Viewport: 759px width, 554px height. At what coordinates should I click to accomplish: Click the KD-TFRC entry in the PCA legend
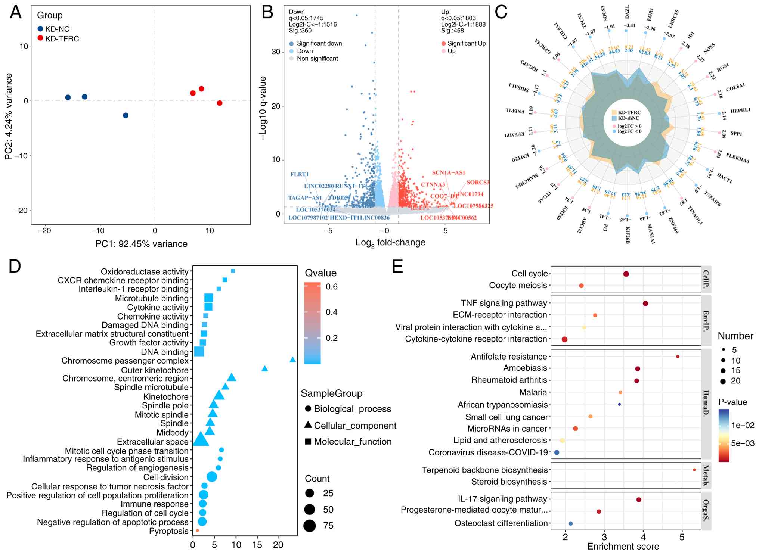pyautogui.click(x=62, y=39)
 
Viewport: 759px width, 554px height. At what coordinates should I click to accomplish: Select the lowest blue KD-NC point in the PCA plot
pyautogui.click(x=126, y=115)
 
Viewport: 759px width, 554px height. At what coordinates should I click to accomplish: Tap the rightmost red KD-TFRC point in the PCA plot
pyautogui.click(x=220, y=103)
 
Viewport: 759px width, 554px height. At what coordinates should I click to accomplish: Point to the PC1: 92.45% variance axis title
pyautogui.click(x=141, y=244)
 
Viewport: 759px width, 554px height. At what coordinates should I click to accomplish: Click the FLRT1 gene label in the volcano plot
pyautogui.click(x=299, y=174)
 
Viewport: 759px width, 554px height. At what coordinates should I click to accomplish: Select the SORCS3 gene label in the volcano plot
pyautogui.click(x=478, y=183)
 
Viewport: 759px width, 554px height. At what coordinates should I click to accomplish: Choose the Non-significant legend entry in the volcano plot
pyautogui.click(x=317, y=59)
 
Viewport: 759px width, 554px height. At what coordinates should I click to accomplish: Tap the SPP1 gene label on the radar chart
pyautogui.click(x=736, y=133)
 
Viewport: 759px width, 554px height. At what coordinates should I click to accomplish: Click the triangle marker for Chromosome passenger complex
pyautogui.click(x=292, y=360)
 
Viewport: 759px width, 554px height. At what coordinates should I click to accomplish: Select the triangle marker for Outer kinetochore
pyautogui.click(x=264, y=369)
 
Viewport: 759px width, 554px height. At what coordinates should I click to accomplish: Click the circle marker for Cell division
pyautogui.click(x=212, y=477)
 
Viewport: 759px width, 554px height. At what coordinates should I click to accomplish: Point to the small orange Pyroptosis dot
pyautogui.click(x=197, y=530)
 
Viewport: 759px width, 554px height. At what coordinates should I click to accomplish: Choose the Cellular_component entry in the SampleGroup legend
pyautogui.click(x=355, y=426)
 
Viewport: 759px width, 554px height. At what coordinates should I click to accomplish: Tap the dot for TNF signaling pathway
pyautogui.click(x=645, y=304)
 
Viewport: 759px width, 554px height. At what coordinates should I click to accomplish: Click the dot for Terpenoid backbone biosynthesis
pyautogui.click(x=694, y=470)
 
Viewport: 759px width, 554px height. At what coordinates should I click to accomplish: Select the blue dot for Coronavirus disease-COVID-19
pyautogui.click(x=557, y=452)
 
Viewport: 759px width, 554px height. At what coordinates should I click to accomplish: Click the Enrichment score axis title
pyautogui.click(x=623, y=547)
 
